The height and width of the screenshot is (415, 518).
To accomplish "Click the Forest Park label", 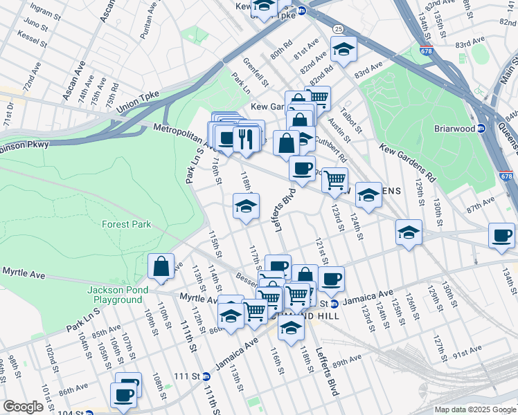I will click(x=126, y=224).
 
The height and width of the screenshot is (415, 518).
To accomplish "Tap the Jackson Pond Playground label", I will click(x=115, y=295).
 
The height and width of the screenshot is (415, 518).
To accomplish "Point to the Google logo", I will click(x=23, y=407).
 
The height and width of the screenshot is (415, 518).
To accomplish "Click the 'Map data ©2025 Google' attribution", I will click(x=475, y=409).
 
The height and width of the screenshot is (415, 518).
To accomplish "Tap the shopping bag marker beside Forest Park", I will click(x=161, y=266).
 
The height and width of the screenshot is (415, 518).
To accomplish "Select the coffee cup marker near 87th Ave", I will click(x=502, y=235).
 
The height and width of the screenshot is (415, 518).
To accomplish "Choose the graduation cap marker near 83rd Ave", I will click(x=343, y=49).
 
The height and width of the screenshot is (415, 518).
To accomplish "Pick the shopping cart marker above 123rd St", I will click(x=334, y=181).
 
